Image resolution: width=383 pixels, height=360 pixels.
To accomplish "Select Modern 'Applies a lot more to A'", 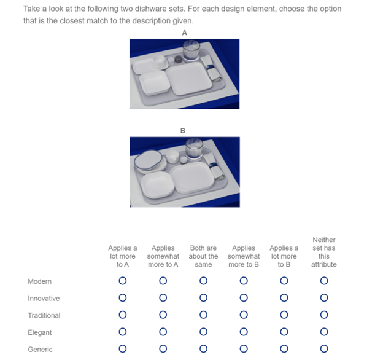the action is coord(123,281).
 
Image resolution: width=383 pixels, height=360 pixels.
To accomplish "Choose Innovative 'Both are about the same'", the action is coord(203,298).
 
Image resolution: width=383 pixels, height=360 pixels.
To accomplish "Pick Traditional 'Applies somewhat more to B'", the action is coord(244,315).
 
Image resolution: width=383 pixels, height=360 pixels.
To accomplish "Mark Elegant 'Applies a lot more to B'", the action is coord(284,332).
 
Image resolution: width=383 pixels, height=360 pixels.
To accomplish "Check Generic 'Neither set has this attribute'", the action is coord(324,348).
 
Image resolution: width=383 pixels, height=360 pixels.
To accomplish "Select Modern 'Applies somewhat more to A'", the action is coord(163,281).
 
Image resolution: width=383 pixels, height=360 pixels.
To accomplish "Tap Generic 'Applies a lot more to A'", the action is coord(123,348).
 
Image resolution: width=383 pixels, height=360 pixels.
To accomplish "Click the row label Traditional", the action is coord(44,315).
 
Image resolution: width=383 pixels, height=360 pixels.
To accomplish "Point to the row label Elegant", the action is coord(39,332).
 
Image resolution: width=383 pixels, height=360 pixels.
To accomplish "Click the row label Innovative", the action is coord(44,299).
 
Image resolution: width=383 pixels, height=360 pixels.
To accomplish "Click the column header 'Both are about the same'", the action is coord(203,256).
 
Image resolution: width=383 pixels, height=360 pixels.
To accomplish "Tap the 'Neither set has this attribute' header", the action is coord(324,252).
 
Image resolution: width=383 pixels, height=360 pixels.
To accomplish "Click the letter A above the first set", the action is coord(184,33).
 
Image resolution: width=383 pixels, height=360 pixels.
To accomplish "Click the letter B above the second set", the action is coord(183,131).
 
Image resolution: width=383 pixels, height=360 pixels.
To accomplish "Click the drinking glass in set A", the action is coord(191,50).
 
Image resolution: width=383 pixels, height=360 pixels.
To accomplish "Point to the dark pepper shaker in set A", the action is coord(179,59).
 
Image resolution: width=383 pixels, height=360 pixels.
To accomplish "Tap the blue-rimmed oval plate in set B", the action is coord(148,160).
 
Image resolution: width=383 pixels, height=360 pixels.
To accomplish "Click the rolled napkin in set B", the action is coord(214,166).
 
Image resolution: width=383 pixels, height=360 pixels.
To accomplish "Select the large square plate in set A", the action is coord(188,78).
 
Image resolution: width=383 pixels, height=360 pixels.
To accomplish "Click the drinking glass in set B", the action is coord(194,148).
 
